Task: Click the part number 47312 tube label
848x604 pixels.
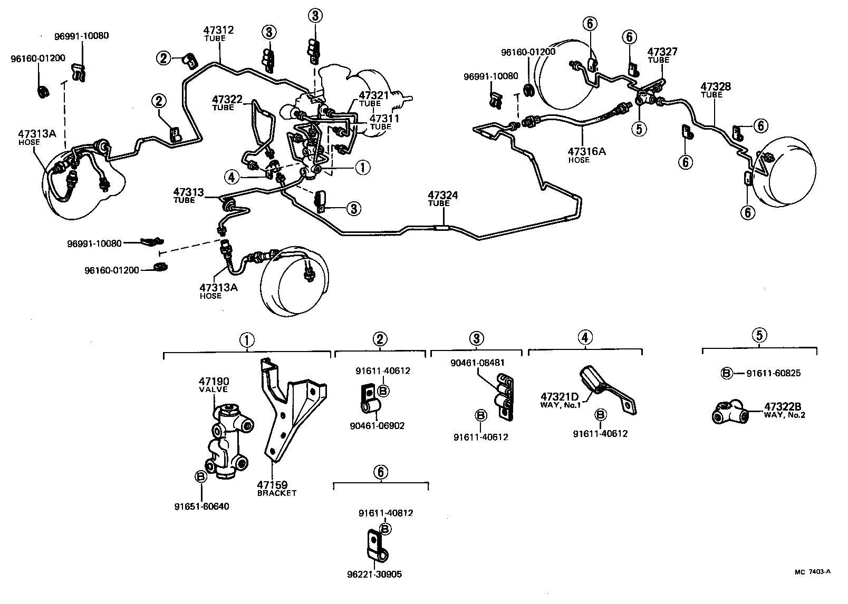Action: [x=218, y=33]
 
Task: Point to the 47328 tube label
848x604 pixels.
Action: [x=715, y=89]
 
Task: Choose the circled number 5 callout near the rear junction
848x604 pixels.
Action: [x=640, y=129]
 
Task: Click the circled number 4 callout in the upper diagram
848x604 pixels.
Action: [x=231, y=178]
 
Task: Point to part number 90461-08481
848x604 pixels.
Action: [x=478, y=363]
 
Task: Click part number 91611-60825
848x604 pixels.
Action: [x=773, y=373]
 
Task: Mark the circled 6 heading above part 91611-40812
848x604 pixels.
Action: [x=381, y=472]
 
